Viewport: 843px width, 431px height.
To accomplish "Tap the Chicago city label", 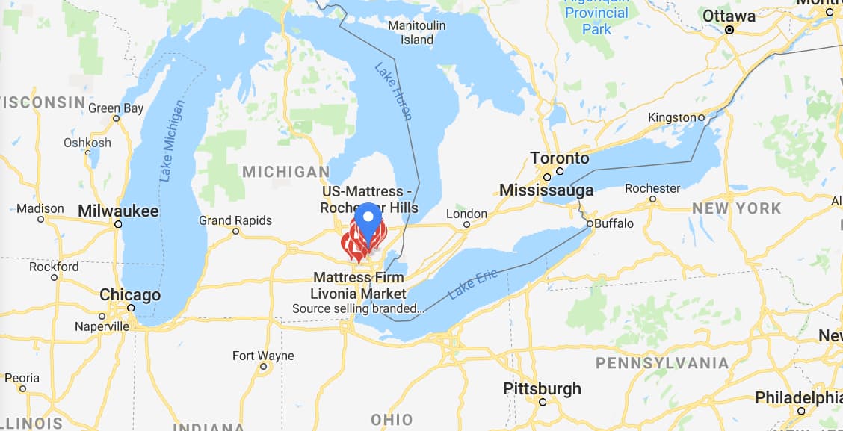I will coord(130,295).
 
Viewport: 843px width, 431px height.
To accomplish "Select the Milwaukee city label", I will coord(118,211).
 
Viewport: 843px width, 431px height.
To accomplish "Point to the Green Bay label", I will coord(116,108).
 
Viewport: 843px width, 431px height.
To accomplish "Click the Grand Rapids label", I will coord(235,220).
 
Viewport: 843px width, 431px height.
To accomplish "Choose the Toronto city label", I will coord(560,158).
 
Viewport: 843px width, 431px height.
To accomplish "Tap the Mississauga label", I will coord(546,190).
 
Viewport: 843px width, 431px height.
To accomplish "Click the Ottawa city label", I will coord(729,16).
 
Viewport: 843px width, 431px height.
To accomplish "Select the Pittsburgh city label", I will coord(542,388).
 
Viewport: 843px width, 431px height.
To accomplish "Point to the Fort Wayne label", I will coord(263,356).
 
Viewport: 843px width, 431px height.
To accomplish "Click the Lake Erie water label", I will coord(473,285).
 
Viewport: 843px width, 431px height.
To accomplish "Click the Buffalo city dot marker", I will coord(589,223).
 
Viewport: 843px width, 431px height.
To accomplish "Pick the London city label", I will coord(466,214).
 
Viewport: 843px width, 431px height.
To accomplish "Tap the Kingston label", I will coord(671,117).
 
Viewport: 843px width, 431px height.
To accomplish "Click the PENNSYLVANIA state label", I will coord(662,363).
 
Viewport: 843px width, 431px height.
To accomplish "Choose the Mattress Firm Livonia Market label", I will coord(359,285).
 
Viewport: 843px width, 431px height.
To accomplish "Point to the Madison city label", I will coord(40,208).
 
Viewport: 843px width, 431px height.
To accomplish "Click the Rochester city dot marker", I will coord(652,199).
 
